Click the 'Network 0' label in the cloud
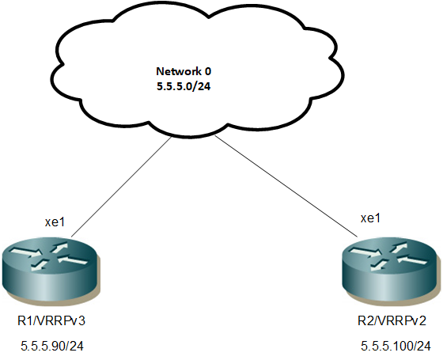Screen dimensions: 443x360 coord(184,71)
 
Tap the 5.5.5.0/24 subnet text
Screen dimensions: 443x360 coord(184,86)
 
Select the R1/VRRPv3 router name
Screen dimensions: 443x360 coord(51,321)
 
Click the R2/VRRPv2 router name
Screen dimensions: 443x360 coord(392,321)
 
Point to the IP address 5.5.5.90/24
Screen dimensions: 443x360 coord(52,347)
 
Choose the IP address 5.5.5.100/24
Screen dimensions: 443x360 coord(396,347)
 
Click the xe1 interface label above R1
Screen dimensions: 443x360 coord(55,222)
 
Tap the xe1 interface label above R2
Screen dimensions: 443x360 coord(370,218)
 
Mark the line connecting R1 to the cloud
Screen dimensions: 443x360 coord(122,187)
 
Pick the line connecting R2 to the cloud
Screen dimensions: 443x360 coord(286,186)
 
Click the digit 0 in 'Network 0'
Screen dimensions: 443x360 coord(207,71)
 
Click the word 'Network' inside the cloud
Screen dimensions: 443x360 coord(179,71)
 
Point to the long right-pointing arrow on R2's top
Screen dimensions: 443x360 coord(365,252)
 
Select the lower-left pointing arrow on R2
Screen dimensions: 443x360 coord(379,264)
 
